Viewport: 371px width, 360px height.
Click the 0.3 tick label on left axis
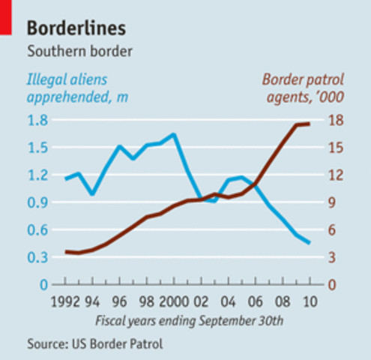pos(37,258)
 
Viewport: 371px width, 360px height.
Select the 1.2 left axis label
pos(37,175)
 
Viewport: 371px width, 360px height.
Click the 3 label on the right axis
pos(333,258)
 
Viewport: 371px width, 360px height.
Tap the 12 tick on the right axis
pos(337,175)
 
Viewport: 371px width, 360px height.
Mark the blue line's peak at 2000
pos(173,135)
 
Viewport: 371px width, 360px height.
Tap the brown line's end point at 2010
pos(310,124)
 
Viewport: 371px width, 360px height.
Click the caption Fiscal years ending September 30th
pos(189,320)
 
